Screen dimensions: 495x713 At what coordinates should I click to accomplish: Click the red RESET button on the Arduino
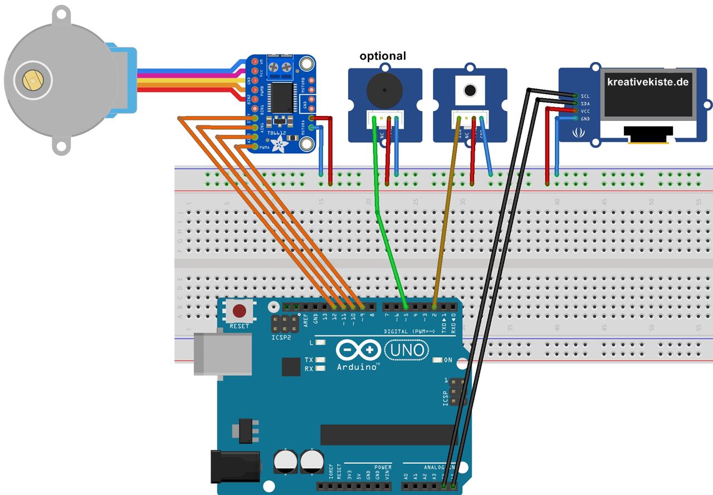(240, 311)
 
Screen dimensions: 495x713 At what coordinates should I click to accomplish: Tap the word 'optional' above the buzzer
(383, 56)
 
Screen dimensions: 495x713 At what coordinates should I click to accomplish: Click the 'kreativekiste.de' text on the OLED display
(648, 82)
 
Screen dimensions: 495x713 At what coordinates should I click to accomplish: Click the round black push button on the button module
(470, 89)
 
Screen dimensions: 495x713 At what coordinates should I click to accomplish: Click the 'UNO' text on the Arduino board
(407, 351)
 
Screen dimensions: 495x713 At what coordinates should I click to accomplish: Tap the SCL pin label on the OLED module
(585, 96)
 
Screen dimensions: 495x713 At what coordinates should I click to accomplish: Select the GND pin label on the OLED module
(585, 119)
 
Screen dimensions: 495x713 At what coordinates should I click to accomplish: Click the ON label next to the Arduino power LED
(448, 360)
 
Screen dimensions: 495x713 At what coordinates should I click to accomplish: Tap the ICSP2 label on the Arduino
(282, 337)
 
